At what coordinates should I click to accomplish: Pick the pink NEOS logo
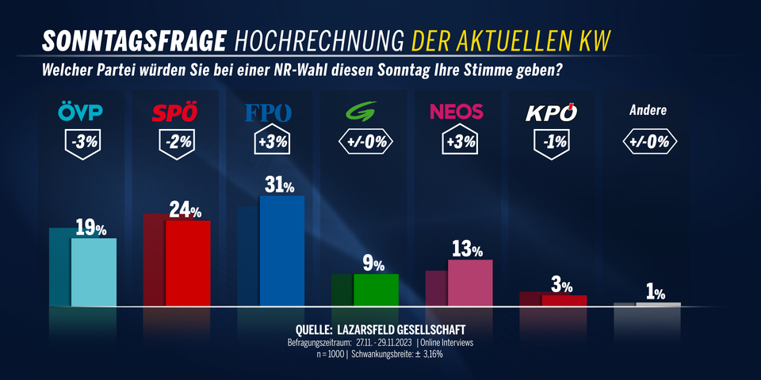457,112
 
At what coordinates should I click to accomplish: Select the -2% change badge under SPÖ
176,143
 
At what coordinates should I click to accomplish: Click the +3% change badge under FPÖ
270,143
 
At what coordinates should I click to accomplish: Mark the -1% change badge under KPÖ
551,143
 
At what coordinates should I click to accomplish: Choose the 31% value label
280,186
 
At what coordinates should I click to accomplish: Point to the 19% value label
91,230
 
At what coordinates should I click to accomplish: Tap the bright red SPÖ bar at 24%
188,263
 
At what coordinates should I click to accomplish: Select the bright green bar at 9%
375,290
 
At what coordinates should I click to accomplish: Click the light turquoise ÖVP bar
94,272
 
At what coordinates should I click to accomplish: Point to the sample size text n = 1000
331,354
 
